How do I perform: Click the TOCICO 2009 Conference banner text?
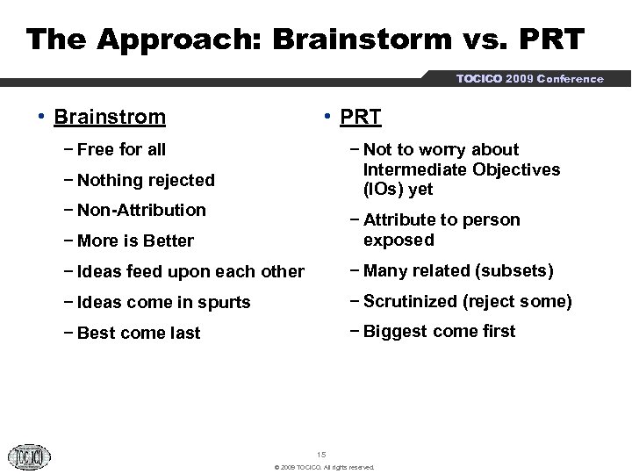click(529, 79)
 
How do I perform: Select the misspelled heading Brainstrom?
click(109, 117)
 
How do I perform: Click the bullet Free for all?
click(120, 149)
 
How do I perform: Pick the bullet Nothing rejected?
click(145, 180)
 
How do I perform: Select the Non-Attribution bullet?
click(140, 210)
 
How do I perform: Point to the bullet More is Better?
click(134, 241)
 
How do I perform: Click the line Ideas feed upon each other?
click(190, 272)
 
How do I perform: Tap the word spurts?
click(226, 302)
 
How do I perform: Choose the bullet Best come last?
click(138, 333)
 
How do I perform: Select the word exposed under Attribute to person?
click(399, 240)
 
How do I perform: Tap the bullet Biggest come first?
click(439, 331)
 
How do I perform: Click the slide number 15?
click(320, 454)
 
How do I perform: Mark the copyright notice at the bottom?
click(324, 467)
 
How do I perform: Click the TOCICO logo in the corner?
click(30, 456)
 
